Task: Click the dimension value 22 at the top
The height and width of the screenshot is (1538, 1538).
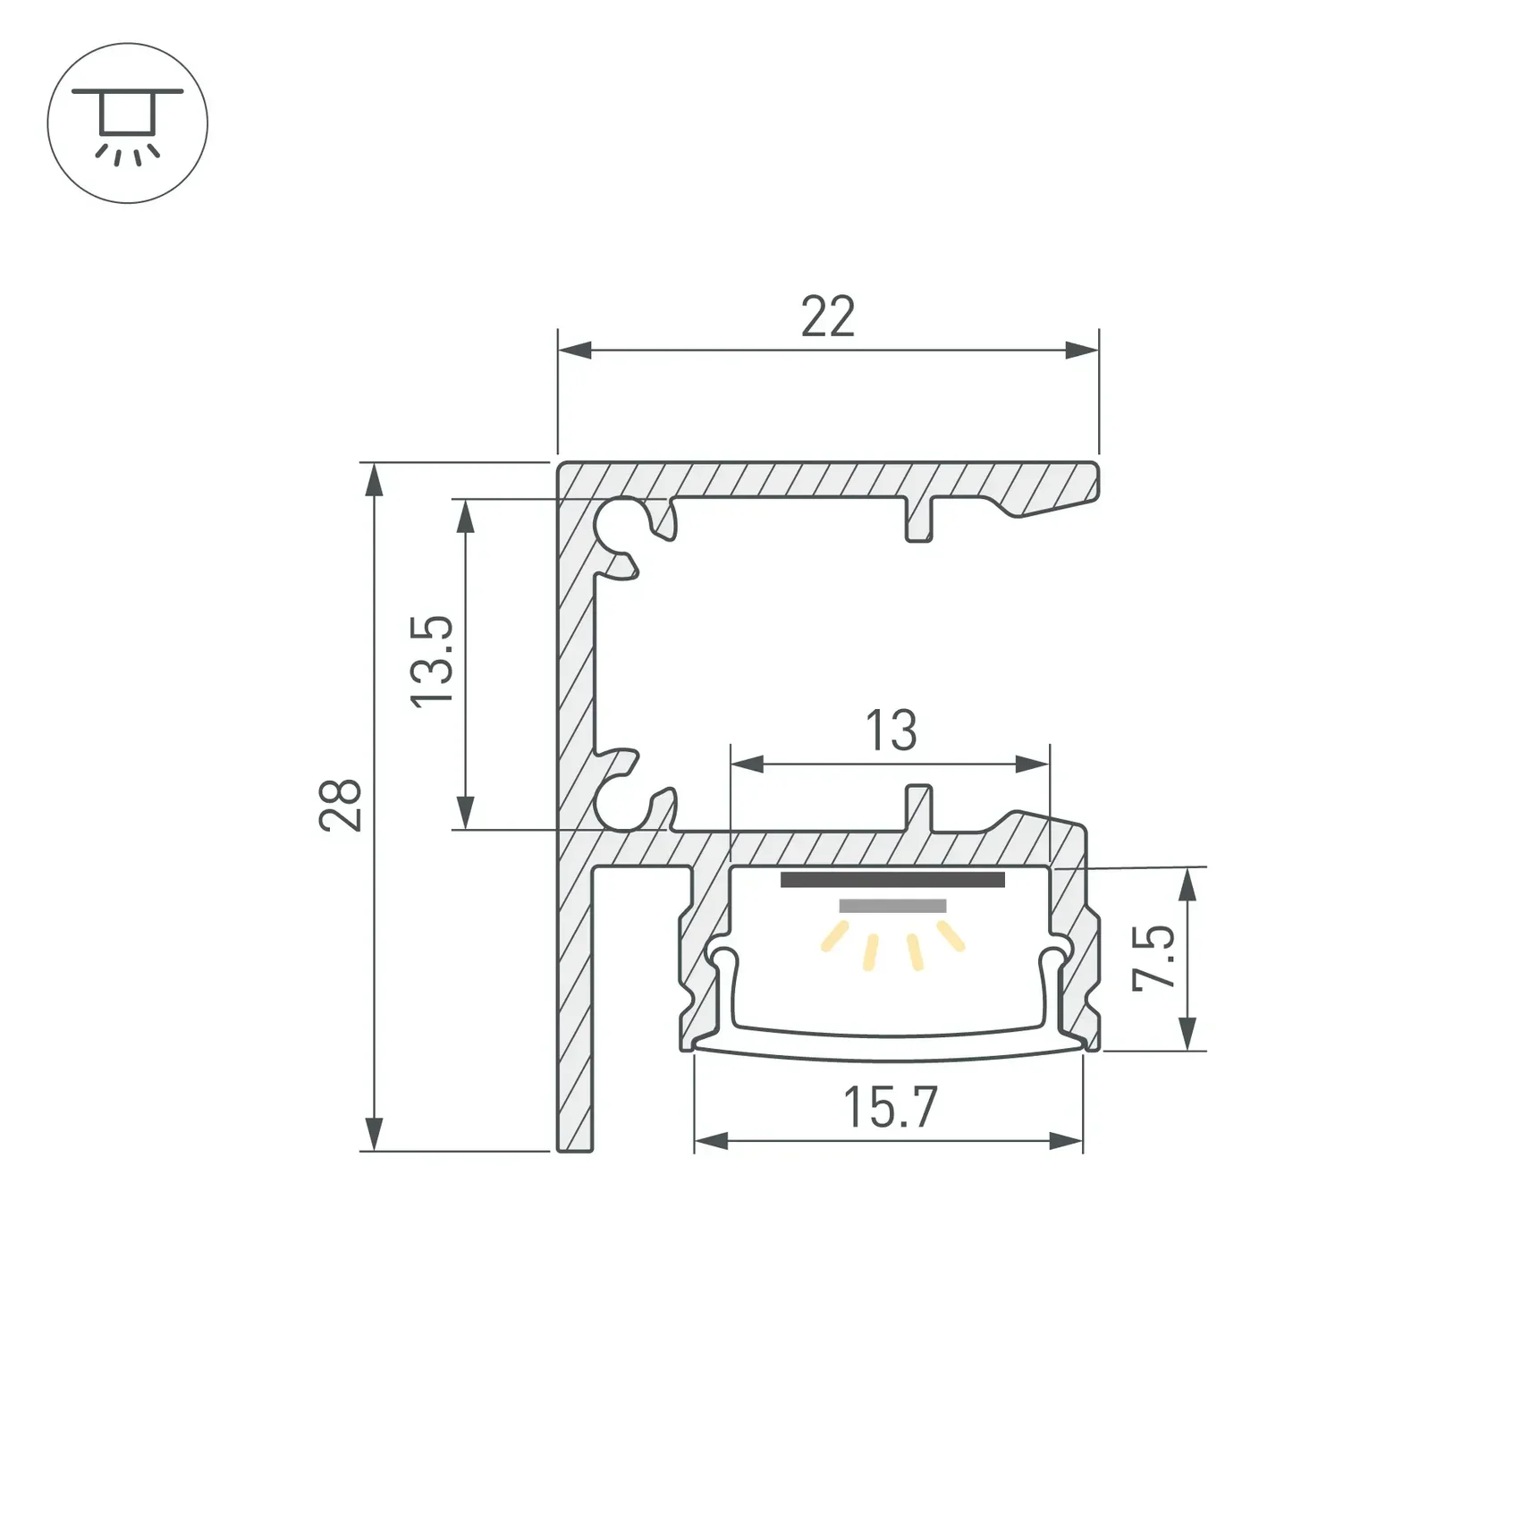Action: [828, 317]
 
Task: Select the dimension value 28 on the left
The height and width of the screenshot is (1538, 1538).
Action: [341, 805]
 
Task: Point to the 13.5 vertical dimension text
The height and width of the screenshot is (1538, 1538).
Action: [432, 663]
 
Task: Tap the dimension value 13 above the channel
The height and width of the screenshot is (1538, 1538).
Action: [891, 731]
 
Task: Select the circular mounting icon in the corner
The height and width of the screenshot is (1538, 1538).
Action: [127, 123]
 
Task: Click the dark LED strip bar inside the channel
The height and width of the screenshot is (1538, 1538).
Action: [892, 880]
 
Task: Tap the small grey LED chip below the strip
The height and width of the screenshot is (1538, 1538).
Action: [892, 906]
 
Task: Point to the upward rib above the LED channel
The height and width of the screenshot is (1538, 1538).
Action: [919, 806]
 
